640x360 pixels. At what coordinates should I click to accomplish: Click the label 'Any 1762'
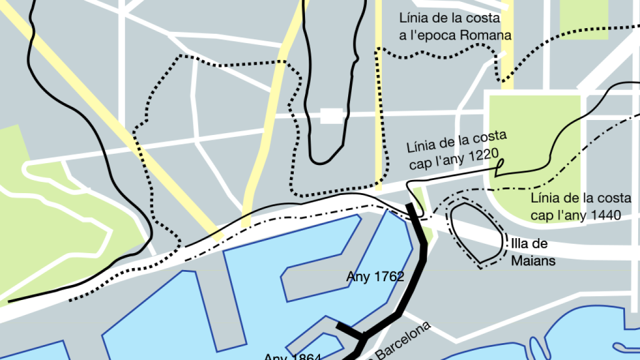coord(375,276)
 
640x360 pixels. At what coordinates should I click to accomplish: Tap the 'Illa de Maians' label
coord(532,252)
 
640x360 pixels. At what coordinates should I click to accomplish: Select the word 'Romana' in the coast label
coord(486,35)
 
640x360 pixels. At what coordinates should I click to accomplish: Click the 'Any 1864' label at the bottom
coord(292,357)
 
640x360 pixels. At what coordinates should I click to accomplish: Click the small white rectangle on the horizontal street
coord(331,115)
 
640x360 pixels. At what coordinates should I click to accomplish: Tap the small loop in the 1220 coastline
coord(500,166)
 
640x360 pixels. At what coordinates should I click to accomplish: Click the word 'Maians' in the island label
coord(532,260)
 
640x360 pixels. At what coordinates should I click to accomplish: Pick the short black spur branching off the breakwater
coord(349,330)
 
